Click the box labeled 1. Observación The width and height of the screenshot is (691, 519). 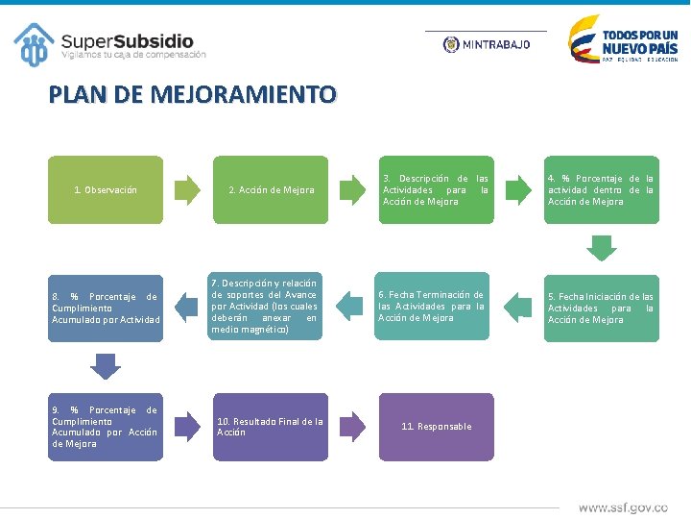(x=106, y=190)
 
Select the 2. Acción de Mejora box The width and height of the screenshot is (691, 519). (x=272, y=190)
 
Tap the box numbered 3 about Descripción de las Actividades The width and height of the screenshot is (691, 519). (x=436, y=190)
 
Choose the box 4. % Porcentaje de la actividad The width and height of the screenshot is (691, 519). (x=601, y=190)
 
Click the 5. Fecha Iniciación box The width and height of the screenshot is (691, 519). (x=601, y=309)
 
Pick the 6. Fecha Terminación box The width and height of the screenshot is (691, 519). (x=432, y=307)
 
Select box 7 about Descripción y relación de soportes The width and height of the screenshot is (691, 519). (x=264, y=307)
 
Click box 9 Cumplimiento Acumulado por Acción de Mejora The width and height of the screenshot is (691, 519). (x=106, y=427)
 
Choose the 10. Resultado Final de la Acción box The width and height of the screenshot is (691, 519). (x=272, y=427)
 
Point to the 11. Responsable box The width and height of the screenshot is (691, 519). (x=438, y=427)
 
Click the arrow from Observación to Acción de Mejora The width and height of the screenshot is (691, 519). (x=193, y=189)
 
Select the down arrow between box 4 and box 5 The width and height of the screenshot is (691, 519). (x=601, y=248)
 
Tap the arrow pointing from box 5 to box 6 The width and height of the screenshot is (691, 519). (x=517, y=308)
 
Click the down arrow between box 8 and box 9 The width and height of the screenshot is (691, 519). (x=105, y=366)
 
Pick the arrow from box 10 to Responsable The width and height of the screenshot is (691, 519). (x=352, y=426)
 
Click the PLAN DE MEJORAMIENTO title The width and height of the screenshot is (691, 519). (x=193, y=95)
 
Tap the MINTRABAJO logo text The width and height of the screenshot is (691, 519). (x=495, y=44)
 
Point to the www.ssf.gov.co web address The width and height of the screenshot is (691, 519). (x=623, y=507)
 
